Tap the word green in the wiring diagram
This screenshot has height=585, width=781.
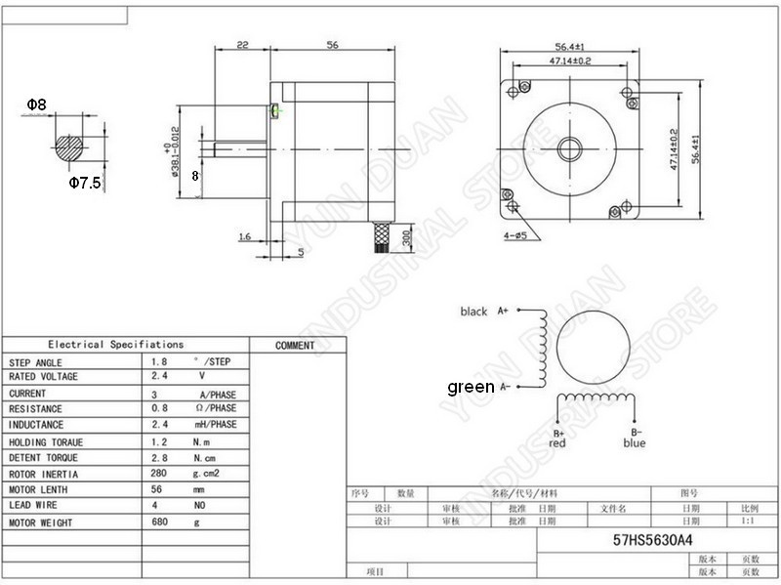point(471,387)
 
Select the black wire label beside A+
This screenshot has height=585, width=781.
point(473,312)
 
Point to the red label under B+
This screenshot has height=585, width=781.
point(557,443)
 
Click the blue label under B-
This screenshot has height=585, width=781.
point(634,443)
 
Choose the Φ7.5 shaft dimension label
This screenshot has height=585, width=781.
point(85,183)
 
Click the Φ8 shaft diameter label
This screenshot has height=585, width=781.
point(36,102)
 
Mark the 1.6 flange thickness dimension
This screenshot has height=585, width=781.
point(243,236)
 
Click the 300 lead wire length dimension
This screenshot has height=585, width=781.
point(404,235)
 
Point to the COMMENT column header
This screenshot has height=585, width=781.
point(295,345)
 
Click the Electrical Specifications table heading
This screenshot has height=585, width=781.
point(116,344)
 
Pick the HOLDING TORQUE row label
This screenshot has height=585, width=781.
point(46,442)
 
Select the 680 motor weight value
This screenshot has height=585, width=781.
point(160,522)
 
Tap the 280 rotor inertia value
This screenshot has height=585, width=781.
point(160,474)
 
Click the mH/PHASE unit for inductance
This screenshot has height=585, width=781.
point(217,425)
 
